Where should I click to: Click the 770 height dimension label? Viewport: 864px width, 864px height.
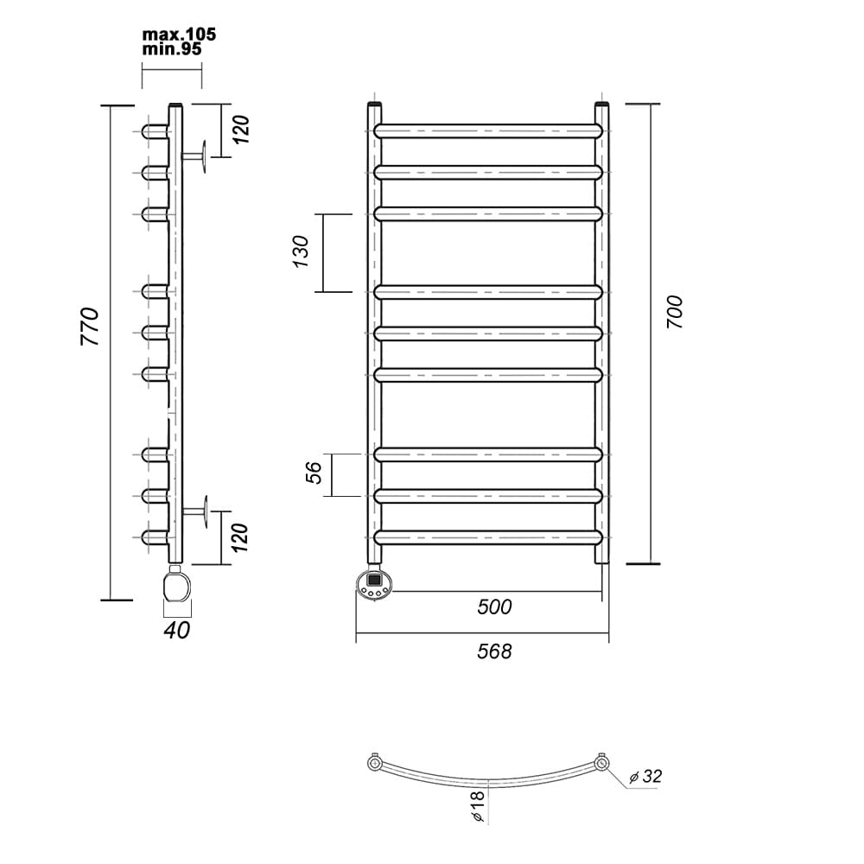coord(91,327)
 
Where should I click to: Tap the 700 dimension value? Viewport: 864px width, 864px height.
coord(675,313)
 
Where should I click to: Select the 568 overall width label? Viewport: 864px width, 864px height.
coord(494,651)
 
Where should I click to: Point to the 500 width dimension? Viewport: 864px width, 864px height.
coord(494,607)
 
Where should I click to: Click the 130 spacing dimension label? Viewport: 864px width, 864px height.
coord(301,251)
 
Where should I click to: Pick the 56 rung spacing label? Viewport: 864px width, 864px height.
coord(313,473)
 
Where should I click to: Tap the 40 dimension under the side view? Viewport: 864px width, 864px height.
coord(177,630)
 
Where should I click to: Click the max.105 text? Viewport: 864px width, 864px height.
coord(179,35)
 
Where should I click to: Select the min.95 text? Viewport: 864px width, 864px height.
coord(172,49)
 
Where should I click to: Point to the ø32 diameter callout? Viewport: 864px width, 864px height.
coord(645,777)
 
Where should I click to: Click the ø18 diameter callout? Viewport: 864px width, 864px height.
coord(478,806)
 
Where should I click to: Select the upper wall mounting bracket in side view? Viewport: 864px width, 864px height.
coord(194,156)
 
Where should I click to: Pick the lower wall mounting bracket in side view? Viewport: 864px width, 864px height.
coord(195,511)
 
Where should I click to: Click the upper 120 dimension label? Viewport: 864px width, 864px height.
coord(241,130)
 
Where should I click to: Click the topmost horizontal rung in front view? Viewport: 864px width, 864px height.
coord(488,131)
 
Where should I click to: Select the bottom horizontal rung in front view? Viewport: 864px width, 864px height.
coord(488,537)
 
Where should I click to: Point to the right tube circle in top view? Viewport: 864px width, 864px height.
coord(601,763)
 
